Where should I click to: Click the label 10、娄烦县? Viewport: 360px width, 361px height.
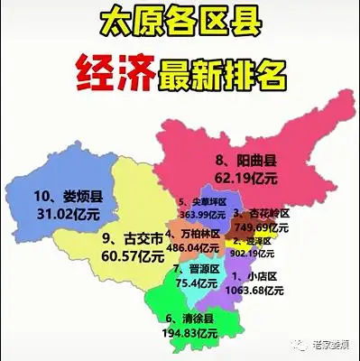pyautogui.click(x=68, y=195)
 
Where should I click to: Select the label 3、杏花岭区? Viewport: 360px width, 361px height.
pyautogui.click(x=262, y=213)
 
